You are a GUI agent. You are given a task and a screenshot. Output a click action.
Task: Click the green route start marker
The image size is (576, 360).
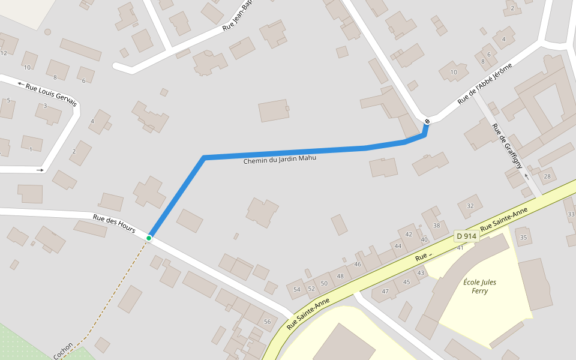[149, 238]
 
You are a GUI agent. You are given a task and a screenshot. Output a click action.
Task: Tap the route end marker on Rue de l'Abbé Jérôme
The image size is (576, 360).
[427, 122]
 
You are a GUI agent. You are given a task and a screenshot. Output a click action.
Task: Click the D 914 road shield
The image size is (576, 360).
[466, 236]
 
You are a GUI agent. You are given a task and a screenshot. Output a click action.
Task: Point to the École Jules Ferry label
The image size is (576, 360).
[479, 286]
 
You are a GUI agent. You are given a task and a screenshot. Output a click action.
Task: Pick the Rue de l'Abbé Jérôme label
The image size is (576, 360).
[485, 83]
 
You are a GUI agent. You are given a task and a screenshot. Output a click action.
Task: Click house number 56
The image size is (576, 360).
[267, 322]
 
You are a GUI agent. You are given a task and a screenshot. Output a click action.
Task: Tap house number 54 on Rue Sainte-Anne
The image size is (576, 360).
[296, 290]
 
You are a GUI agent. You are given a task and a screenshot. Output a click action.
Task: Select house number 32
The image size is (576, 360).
[470, 206]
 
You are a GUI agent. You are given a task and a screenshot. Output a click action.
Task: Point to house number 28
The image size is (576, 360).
[547, 176]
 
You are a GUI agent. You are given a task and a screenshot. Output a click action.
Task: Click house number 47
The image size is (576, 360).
[385, 292]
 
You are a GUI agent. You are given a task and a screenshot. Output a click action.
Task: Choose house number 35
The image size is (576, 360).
[524, 238]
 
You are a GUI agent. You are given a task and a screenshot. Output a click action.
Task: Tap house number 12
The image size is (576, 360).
[4, 53]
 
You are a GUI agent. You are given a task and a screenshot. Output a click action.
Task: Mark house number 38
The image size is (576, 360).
[437, 226]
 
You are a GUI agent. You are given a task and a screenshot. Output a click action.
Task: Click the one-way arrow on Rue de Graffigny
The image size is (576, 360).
[526, 176]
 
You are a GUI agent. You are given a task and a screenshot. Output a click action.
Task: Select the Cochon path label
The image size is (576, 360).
[63, 351]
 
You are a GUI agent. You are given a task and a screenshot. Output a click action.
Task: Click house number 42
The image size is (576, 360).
[409, 235]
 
